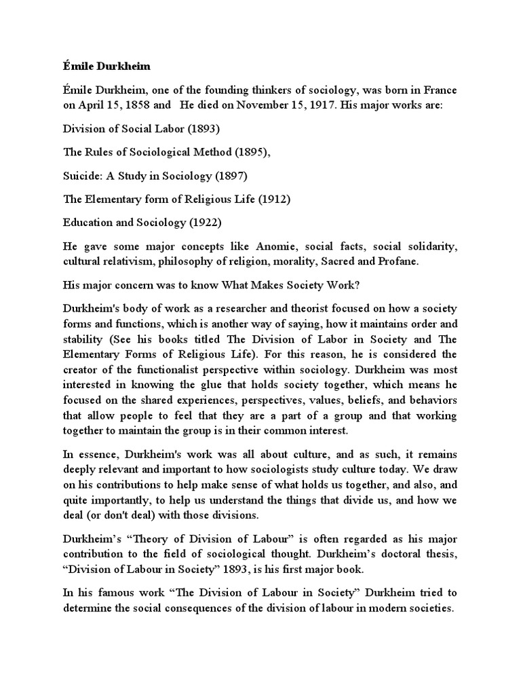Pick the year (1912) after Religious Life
tap(276, 199)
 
